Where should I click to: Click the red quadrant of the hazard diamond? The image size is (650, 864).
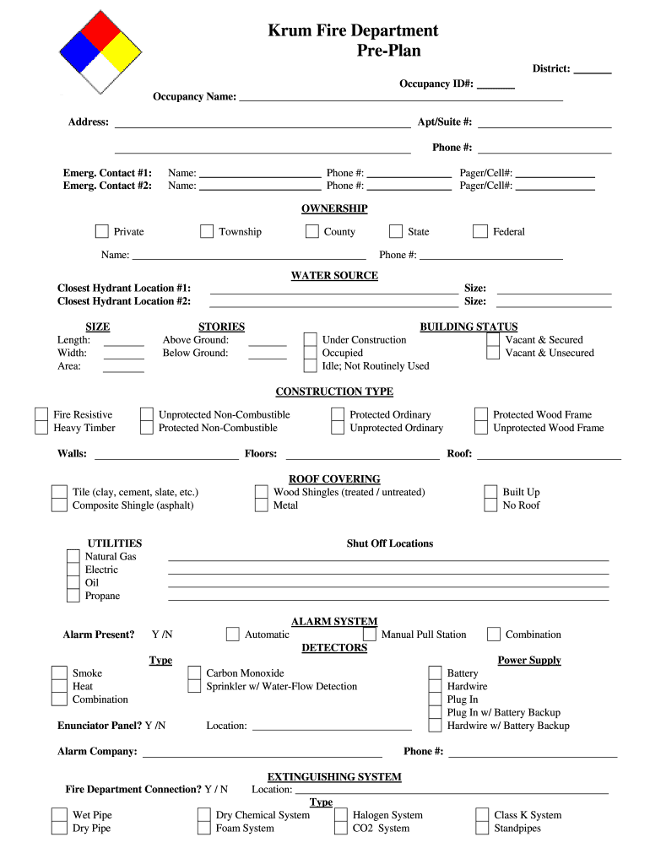click(x=101, y=30)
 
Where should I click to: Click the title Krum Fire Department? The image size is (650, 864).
click(x=353, y=31)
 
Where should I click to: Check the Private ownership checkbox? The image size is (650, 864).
click(x=102, y=231)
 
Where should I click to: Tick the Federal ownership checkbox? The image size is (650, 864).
click(x=480, y=231)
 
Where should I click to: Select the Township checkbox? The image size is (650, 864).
click(x=207, y=231)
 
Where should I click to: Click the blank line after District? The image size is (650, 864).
click(x=593, y=73)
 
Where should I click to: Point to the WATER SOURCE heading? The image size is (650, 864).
click(x=334, y=276)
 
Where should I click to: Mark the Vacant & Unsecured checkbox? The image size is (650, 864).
click(x=493, y=353)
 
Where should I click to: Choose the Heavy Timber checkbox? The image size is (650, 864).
click(x=41, y=428)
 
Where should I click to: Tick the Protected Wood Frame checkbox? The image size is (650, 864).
click(x=480, y=414)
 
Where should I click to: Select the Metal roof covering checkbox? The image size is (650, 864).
click(x=262, y=505)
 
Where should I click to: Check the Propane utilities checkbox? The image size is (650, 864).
click(x=73, y=596)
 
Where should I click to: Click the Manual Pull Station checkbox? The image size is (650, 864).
click(x=370, y=634)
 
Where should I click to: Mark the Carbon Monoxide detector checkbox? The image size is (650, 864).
click(x=194, y=673)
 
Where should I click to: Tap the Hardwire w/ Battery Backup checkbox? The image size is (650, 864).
click(x=435, y=726)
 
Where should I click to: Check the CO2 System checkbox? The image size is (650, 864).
click(x=340, y=829)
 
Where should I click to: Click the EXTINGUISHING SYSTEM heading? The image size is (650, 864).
click(x=334, y=777)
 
